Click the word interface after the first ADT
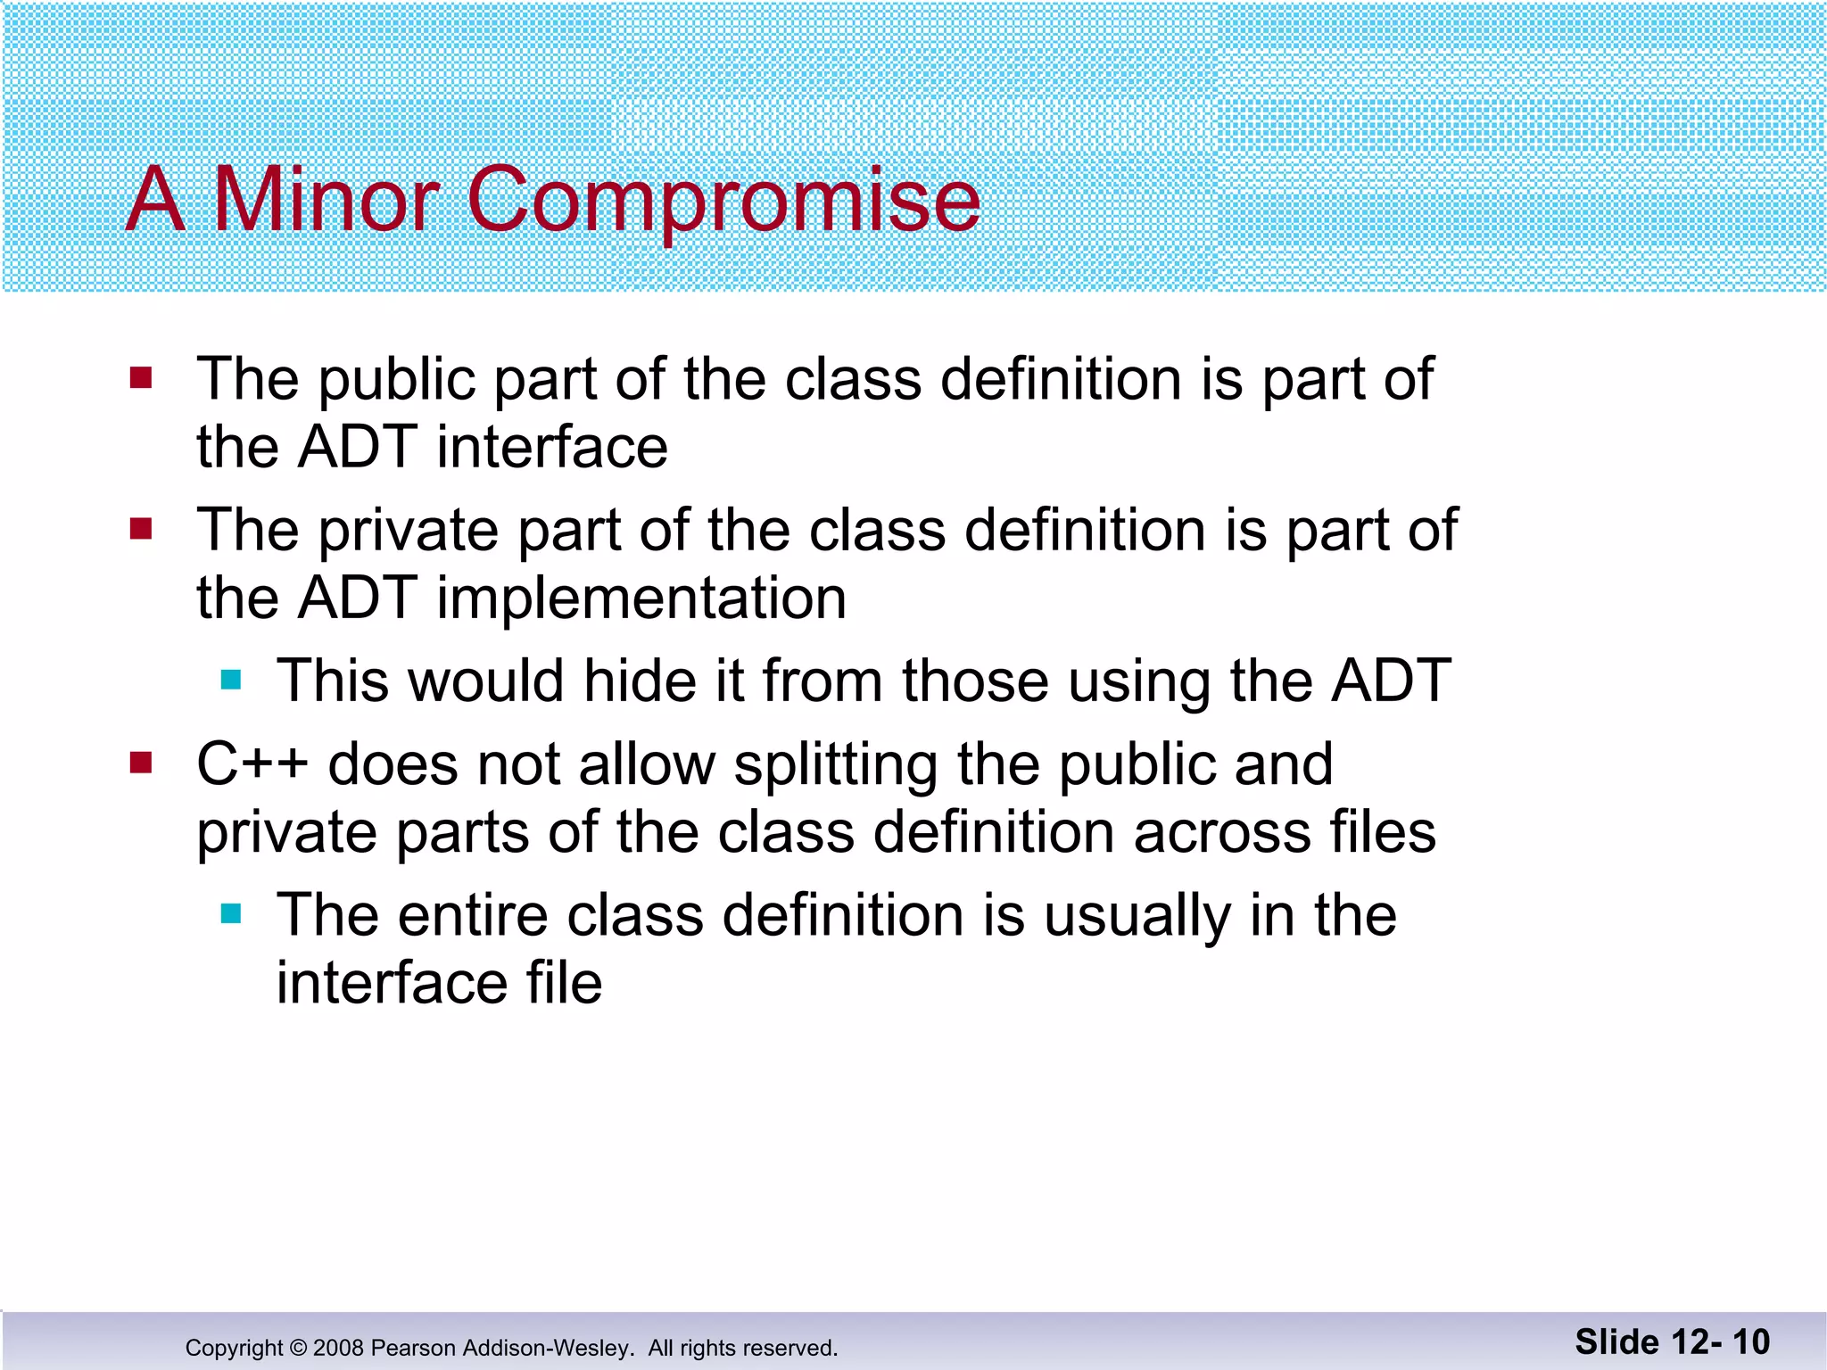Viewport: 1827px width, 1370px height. (551, 447)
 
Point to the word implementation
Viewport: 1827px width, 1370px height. (641, 599)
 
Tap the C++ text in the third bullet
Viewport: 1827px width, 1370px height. (252, 765)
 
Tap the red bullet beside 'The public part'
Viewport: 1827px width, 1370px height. (141, 378)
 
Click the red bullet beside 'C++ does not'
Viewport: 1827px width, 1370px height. (141, 763)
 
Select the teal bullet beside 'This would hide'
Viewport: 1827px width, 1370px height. (231, 681)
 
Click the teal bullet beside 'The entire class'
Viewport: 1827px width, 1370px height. (231, 914)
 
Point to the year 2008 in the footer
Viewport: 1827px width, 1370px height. (338, 1348)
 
